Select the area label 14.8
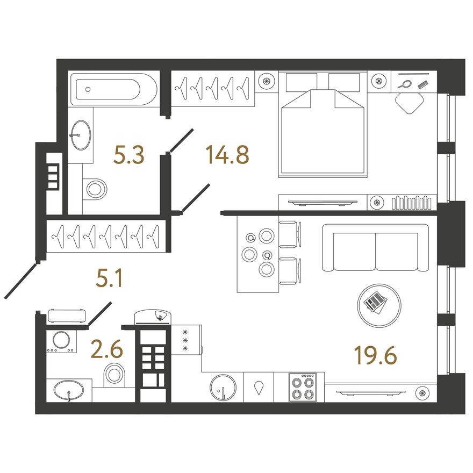pyautogui.click(x=227, y=156)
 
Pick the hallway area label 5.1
pyautogui.click(x=109, y=280)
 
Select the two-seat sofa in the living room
pyautogui.click(x=375, y=248)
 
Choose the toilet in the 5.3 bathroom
pyautogui.click(x=96, y=188)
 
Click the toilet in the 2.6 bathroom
pyautogui.click(x=114, y=374)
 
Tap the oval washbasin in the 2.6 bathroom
pyautogui.click(x=69, y=390)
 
